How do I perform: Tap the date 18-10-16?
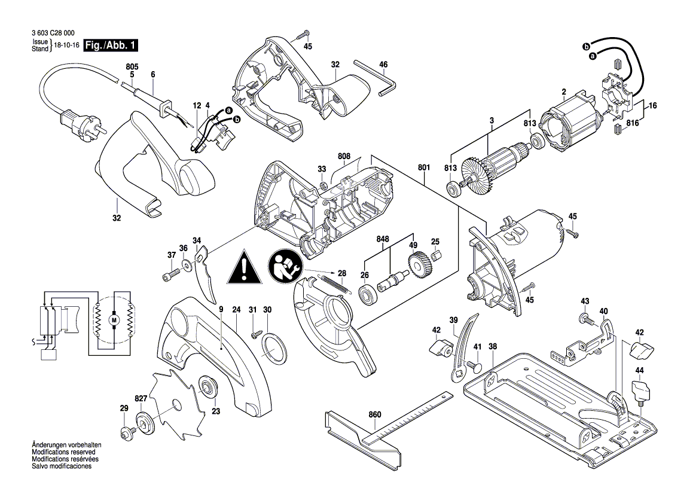click(66, 45)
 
